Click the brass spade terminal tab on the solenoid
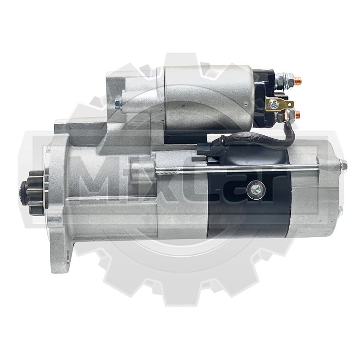click(x=279, y=105)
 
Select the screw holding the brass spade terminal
click(x=275, y=105)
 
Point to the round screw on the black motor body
click(x=255, y=190)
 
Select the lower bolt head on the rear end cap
click(x=340, y=211)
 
